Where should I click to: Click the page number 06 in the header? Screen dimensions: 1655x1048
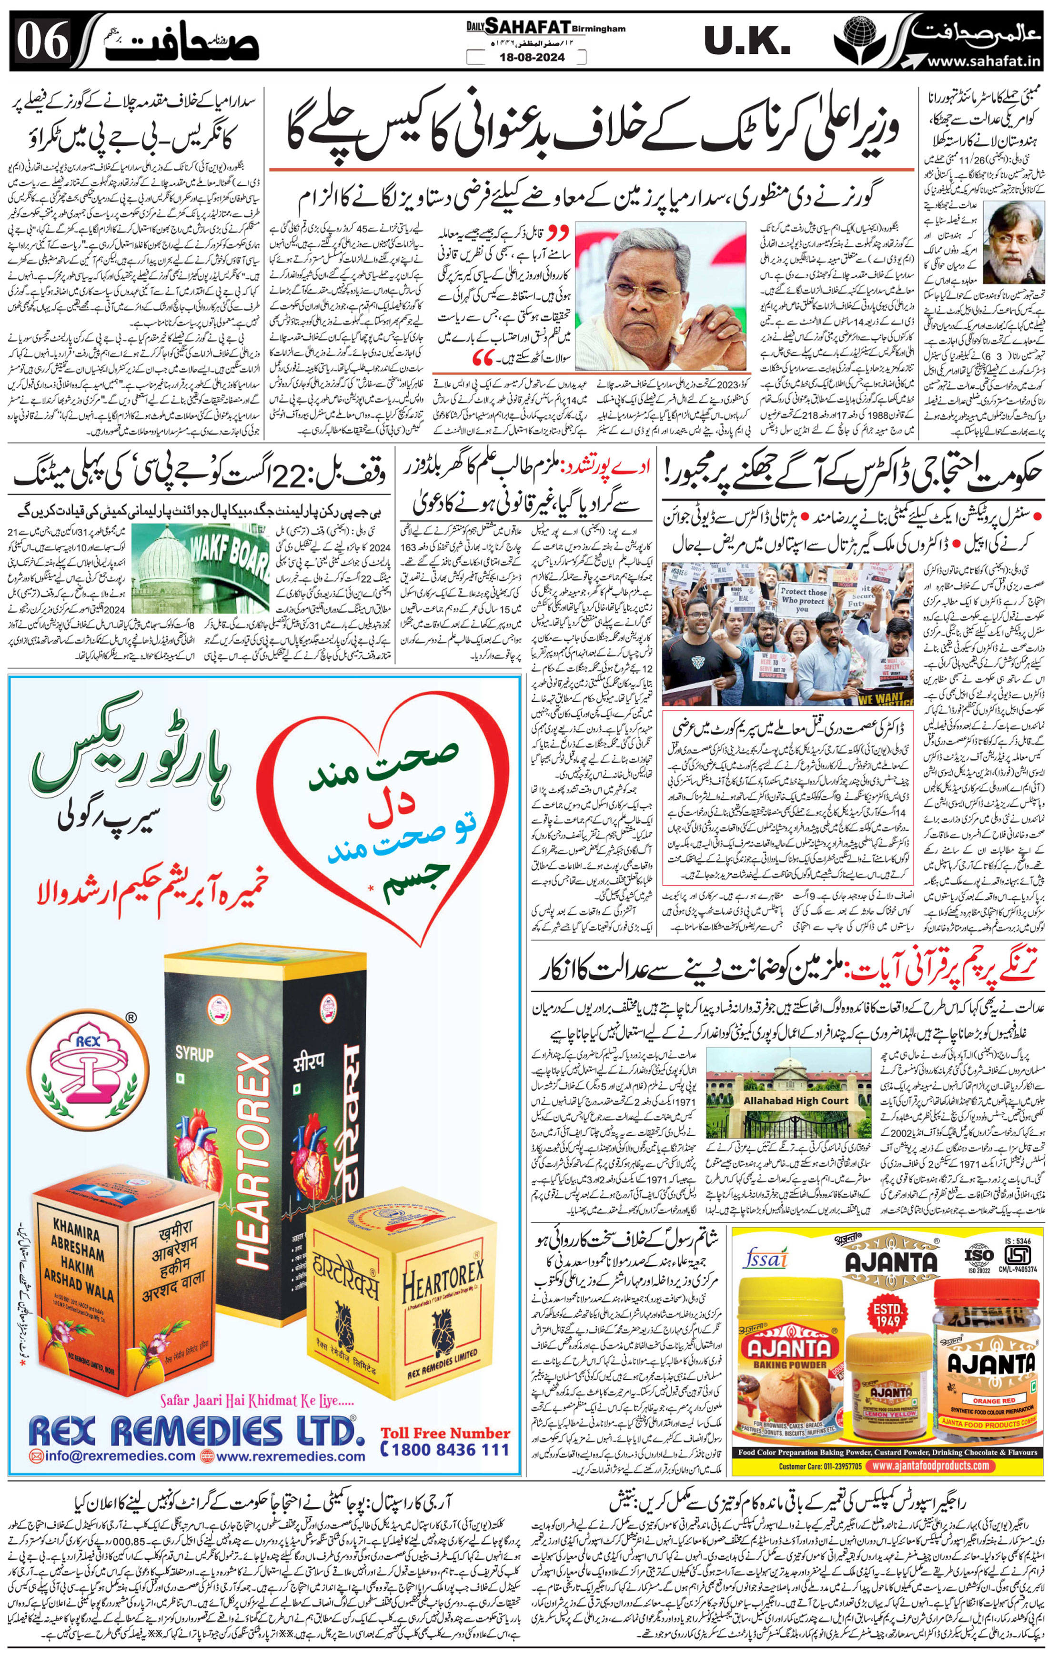42,42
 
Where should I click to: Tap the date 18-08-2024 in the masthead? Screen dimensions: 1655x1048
527,57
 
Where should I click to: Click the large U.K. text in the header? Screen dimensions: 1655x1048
747,42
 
